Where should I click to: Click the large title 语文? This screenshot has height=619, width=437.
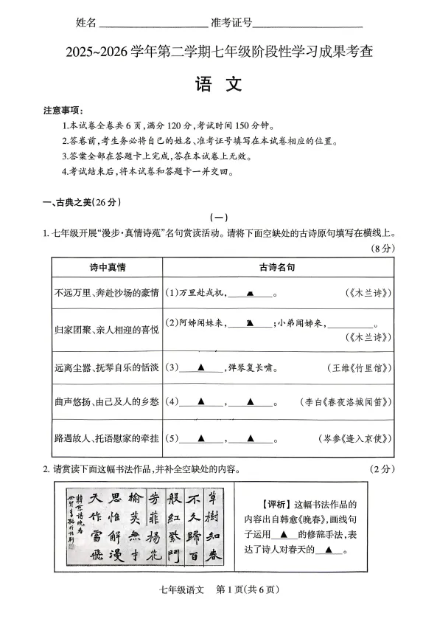coord(218,85)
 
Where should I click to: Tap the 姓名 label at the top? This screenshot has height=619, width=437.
coord(86,23)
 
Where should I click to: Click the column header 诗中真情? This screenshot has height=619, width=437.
coord(106,266)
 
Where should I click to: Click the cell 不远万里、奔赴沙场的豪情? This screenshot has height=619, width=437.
coord(107,293)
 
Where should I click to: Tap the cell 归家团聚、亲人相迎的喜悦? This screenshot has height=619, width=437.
coord(107,330)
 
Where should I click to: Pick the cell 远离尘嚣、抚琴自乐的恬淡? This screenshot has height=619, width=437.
coord(107,367)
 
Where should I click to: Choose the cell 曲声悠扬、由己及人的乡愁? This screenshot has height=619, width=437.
coord(107,402)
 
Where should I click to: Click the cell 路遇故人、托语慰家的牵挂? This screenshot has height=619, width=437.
coord(107,439)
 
